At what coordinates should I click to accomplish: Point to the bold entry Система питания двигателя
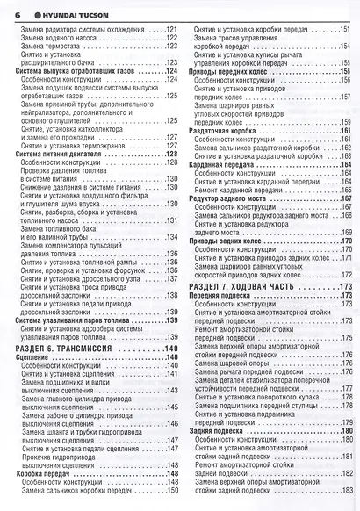(x=61, y=154)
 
